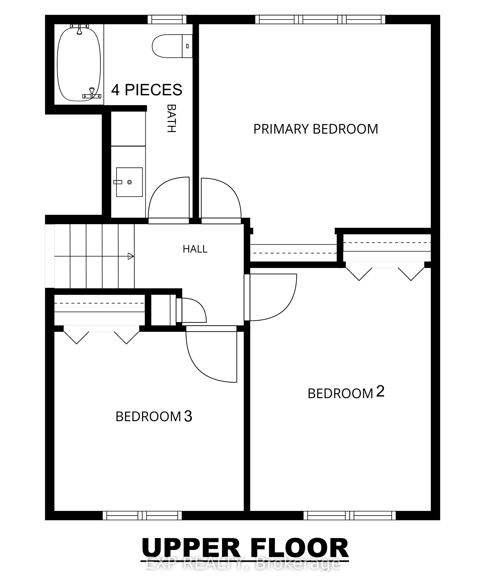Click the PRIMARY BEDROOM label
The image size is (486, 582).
pos(316,129)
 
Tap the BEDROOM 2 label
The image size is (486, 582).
pos(346,392)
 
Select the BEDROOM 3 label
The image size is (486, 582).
pos(154,416)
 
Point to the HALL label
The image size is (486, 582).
pos(195,249)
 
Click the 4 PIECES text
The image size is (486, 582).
pos(147,90)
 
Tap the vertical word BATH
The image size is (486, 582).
pos(172,118)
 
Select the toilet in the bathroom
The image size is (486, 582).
pos(172,46)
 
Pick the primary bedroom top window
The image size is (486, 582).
pos(320,19)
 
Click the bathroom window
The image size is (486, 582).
pos(167,19)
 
